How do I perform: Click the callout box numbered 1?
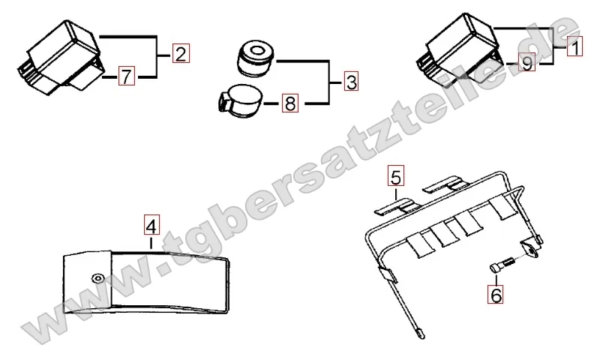pos(574,46)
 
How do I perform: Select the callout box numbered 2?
pos(181,53)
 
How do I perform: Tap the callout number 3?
pos(351,81)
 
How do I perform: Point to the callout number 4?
pos(151,225)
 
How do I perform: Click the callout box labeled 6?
pos(496,294)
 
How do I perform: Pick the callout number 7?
pos(127,76)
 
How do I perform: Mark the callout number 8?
pos(290,103)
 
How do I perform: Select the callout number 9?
pos(527,62)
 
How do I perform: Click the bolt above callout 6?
pos(502,265)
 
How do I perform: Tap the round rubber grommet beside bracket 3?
pos(255,58)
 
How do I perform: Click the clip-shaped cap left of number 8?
pos(240,100)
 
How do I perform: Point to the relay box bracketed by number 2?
pos(61,58)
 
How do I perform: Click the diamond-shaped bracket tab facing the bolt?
pos(530,249)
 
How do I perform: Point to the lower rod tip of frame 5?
pos(420,334)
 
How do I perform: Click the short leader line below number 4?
pos(151,243)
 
